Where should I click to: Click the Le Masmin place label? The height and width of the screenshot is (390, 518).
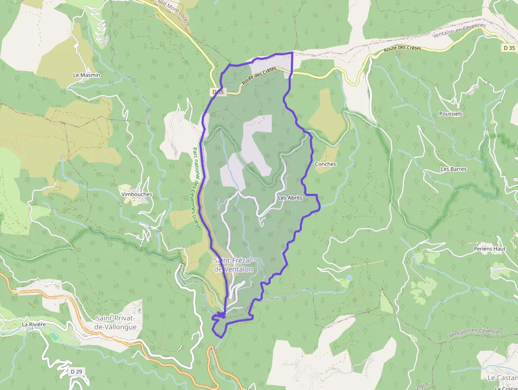87,75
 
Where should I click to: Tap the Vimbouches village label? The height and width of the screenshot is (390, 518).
136,194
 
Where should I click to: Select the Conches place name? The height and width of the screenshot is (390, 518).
325,164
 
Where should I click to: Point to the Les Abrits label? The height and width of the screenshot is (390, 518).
290,198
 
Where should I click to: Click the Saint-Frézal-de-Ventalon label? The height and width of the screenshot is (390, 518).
234,265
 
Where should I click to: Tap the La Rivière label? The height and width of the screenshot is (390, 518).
34,324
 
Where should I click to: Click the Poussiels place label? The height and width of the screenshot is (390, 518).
450,114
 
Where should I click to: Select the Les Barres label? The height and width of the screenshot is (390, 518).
454,169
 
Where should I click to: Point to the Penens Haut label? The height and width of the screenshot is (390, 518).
489,249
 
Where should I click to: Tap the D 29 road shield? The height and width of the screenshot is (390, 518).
76,372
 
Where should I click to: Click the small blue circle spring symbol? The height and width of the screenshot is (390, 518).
349,278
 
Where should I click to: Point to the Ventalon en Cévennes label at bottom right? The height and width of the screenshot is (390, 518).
475,333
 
